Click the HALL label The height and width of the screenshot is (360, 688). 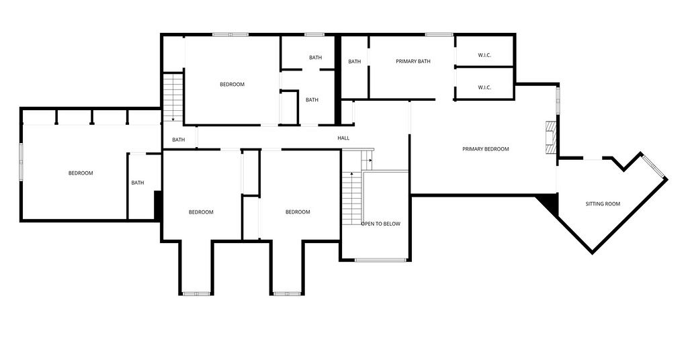(x=343, y=138)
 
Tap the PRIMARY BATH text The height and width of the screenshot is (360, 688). (x=413, y=61)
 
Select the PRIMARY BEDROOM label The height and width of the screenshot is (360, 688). (x=486, y=149)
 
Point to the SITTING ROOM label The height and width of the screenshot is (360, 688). (x=603, y=204)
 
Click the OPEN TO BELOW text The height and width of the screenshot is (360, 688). (x=381, y=224)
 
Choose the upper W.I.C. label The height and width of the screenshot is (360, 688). (x=484, y=55)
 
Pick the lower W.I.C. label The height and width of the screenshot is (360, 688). (x=484, y=88)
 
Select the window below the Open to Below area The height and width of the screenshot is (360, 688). (x=381, y=260)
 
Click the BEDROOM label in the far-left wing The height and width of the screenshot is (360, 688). (x=81, y=173)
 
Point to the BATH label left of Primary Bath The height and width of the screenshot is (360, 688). (x=355, y=62)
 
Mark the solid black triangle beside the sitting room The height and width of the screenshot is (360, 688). (x=548, y=204)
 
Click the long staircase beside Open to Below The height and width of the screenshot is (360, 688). (x=351, y=198)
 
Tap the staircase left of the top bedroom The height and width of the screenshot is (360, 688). (x=173, y=98)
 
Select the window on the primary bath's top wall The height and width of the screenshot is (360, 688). (x=439, y=35)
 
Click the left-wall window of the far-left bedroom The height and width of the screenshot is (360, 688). (x=21, y=162)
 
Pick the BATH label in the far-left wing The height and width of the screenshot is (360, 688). (x=138, y=183)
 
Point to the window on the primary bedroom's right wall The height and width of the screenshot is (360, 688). (x=558, y=101)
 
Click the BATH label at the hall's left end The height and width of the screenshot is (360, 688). (x=179, y=140)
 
